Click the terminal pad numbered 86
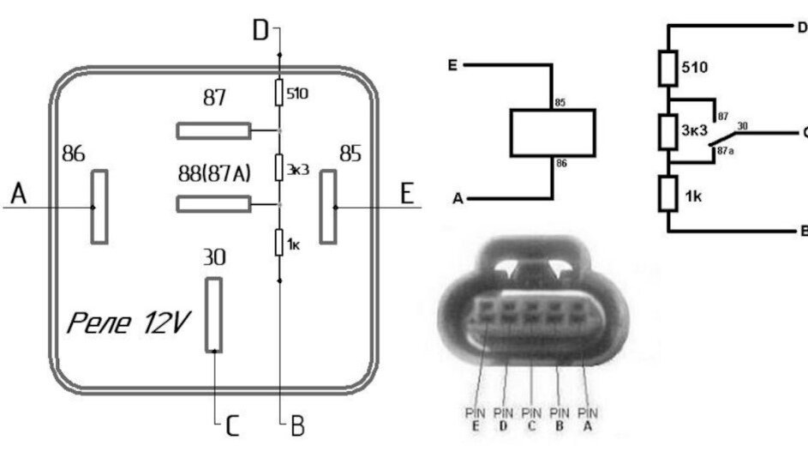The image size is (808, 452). pyautogui.click(x=100, y=207)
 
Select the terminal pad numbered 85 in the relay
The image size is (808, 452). pyautogui.click(x=326, y=207)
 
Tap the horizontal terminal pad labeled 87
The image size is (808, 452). pyautogui.click(x=213, y=131)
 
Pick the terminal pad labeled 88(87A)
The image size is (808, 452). pyautogui.click(x=213, y=204)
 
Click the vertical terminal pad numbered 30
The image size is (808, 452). pyautogui.click(x=213, y=314)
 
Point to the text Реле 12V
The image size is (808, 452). pyautogui.click(x=129, y=323)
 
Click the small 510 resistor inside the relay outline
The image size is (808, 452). pyautogui.click(x=279, y=93)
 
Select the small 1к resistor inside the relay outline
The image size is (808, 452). pyautogui.click(x=279, y=244)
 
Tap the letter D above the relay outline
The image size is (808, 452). pyautogui.click(x=260, y=33)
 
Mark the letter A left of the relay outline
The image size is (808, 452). pyautogui.click(x=19, y=196)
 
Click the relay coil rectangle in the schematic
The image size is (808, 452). pyautogui.click(x=553, y=134)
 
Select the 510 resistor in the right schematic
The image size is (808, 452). pyautogui.click(x=668, y=69)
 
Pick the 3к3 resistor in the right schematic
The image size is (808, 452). pyautogui.click(x=668, y=131)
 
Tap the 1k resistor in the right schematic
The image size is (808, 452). pyautogui.click(x=668, y=195)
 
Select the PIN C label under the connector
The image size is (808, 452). pyautogui.click(x=533, y=418)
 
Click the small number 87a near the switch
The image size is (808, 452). pyautogui.click(x=725, y=149)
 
